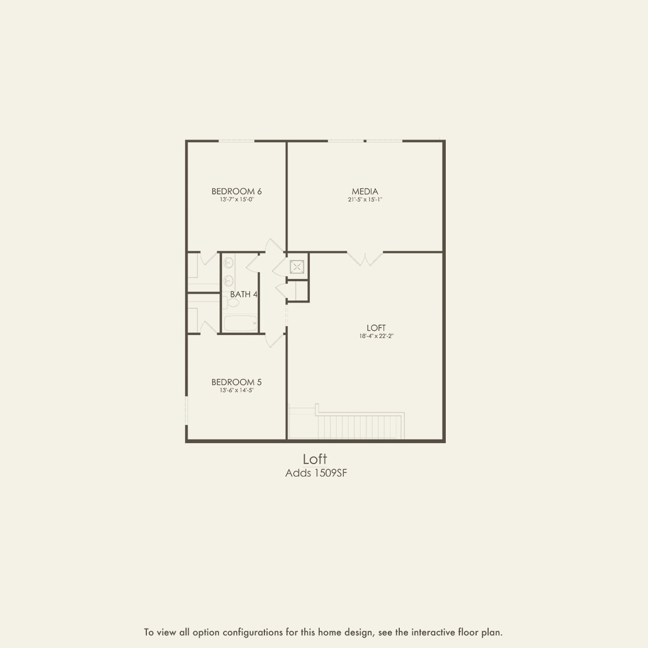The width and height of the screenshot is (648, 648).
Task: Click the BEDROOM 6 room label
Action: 236,191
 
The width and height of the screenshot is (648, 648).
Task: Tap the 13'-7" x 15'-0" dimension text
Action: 236,200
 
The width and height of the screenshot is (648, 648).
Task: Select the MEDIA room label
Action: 365,191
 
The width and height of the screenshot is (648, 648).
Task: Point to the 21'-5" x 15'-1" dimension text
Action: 365,200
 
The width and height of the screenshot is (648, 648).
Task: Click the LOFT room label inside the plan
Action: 376,328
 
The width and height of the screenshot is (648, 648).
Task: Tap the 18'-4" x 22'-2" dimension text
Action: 376,337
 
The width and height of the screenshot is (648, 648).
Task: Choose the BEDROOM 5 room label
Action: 236,382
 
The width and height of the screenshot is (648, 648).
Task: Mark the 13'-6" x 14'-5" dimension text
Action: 236,390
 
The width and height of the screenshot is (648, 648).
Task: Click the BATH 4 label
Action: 244,294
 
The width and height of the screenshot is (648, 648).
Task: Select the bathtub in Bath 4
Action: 240,323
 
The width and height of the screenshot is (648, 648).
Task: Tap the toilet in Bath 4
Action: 233,303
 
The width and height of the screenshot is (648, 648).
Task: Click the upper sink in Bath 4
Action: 228,263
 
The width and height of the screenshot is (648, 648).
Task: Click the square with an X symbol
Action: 297,267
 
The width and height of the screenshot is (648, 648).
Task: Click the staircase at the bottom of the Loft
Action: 361,426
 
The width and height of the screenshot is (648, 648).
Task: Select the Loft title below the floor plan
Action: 315,459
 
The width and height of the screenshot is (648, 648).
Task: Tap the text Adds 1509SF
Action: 316,473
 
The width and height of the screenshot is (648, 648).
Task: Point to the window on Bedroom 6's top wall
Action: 236,141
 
